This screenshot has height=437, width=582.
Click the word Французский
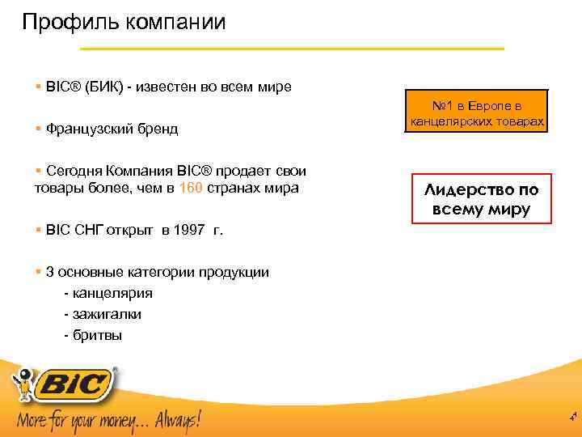[x=91, y=129]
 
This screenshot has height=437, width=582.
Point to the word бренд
[x=158, y=129]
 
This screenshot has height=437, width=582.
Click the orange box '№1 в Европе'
[x=477, y=114]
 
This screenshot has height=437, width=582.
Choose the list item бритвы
[x=98, y=333]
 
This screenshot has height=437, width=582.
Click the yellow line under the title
[x=267, y=49]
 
